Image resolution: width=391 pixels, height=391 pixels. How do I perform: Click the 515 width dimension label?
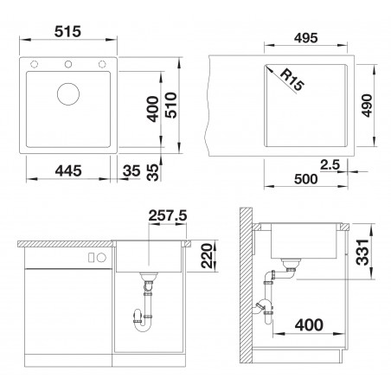pyautogui.click(x=67, y=32)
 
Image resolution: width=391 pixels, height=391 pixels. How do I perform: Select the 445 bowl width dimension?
pyautogui.click(x=68, y=170)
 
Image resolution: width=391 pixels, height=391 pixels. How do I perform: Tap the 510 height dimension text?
pyautogui.click(x=170, y=105)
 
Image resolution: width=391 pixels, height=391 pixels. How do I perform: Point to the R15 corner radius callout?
pyautogui.click(x=292, y=80)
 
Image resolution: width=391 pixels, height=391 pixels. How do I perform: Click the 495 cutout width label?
pyautogui.click(x=306, y=38)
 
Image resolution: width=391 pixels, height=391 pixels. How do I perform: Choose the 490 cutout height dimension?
pyautogui.click(x=367, y=106)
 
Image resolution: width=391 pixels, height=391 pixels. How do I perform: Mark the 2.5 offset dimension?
pyautogui.click(x=330, y=164)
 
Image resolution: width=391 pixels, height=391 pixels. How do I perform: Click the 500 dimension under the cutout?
pyautogui.click(x=306, y=179)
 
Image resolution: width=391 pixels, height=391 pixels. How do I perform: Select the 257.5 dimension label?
pyautogui.click(x=168, y=215)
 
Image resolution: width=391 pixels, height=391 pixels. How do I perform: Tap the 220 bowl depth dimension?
pyautogui.click(x=207, y=256)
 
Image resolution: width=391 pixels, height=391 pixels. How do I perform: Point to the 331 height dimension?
pyautogui.click(x=362, y=252)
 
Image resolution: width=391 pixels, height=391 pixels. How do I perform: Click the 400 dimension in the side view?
pyautogui.click(x=309, y=325)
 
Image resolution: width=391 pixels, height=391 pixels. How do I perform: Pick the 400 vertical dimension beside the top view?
pyautogui.click(x=152, y=109)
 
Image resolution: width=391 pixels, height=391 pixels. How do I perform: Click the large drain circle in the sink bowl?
pyautogui.click(x=68, y=94)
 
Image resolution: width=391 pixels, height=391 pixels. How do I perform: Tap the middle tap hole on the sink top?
pyautogui.click(x=68, y=64)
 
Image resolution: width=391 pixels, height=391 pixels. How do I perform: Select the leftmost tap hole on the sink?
pyautogui.click(x=35, y=64)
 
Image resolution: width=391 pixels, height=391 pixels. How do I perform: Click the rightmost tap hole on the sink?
pyautogui.click(x=102, y=64)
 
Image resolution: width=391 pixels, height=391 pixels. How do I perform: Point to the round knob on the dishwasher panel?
pyautogui.click(x=101, y=258)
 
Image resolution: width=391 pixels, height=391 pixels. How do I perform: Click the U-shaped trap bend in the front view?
pyautogui.click(x=144, y=325)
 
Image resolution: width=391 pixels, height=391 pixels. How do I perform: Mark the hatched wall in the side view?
pyautogui.click(x=246, y=285)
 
